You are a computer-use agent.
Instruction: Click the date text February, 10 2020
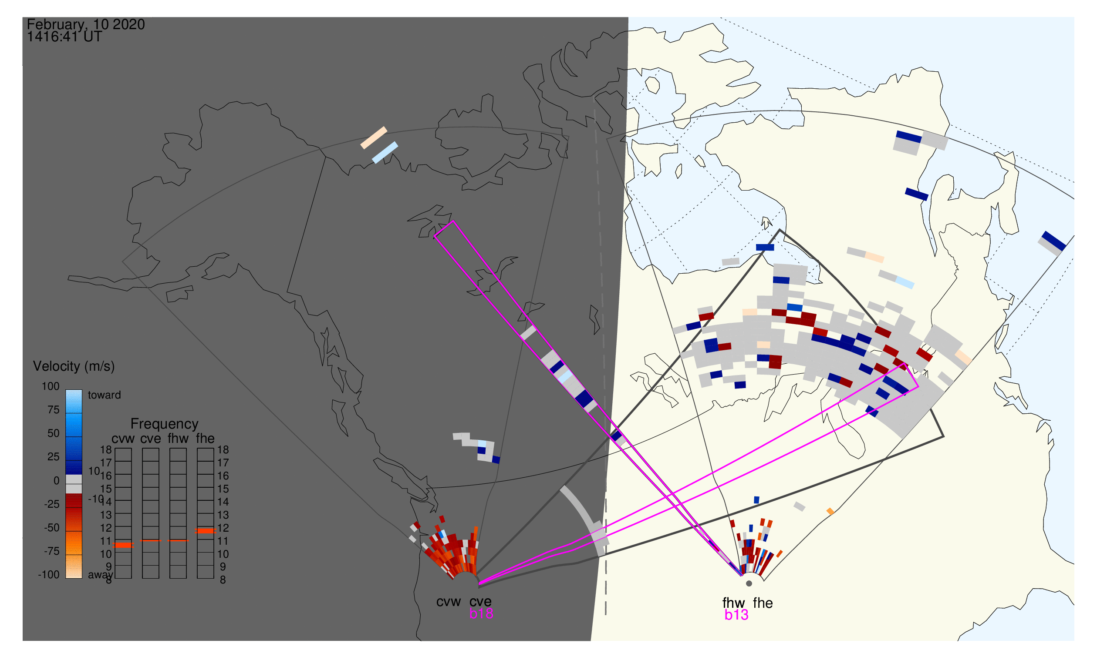click(85, 24)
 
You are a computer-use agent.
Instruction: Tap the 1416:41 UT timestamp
click(64, 37)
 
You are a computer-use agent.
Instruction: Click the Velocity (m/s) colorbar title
click(74, 366)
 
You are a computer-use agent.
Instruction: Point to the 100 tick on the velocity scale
click(51, 386)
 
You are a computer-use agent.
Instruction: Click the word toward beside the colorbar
click(104, 395)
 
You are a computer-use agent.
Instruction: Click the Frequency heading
click(165, 424)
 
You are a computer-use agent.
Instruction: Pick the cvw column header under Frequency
click(123, 439)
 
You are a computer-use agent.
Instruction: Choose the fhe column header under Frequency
click(205, 439)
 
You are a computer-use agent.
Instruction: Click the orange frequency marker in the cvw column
click(123, 545)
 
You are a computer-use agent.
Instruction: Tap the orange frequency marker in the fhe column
click(205, 530)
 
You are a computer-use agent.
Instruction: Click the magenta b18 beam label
click(481, 613)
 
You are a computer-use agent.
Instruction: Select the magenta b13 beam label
click(736, 615)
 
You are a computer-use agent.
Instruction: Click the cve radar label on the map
click(480, 602)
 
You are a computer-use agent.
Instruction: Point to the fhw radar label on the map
click(733, 603)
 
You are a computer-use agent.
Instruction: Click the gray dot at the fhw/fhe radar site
click(749, 583)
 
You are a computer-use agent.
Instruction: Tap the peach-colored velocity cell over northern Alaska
click(374, 137)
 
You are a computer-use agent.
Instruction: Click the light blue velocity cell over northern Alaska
click(385, 152)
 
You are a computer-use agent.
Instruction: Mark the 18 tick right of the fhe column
click(223, 449)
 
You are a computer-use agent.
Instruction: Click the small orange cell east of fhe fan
click(830, 511)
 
